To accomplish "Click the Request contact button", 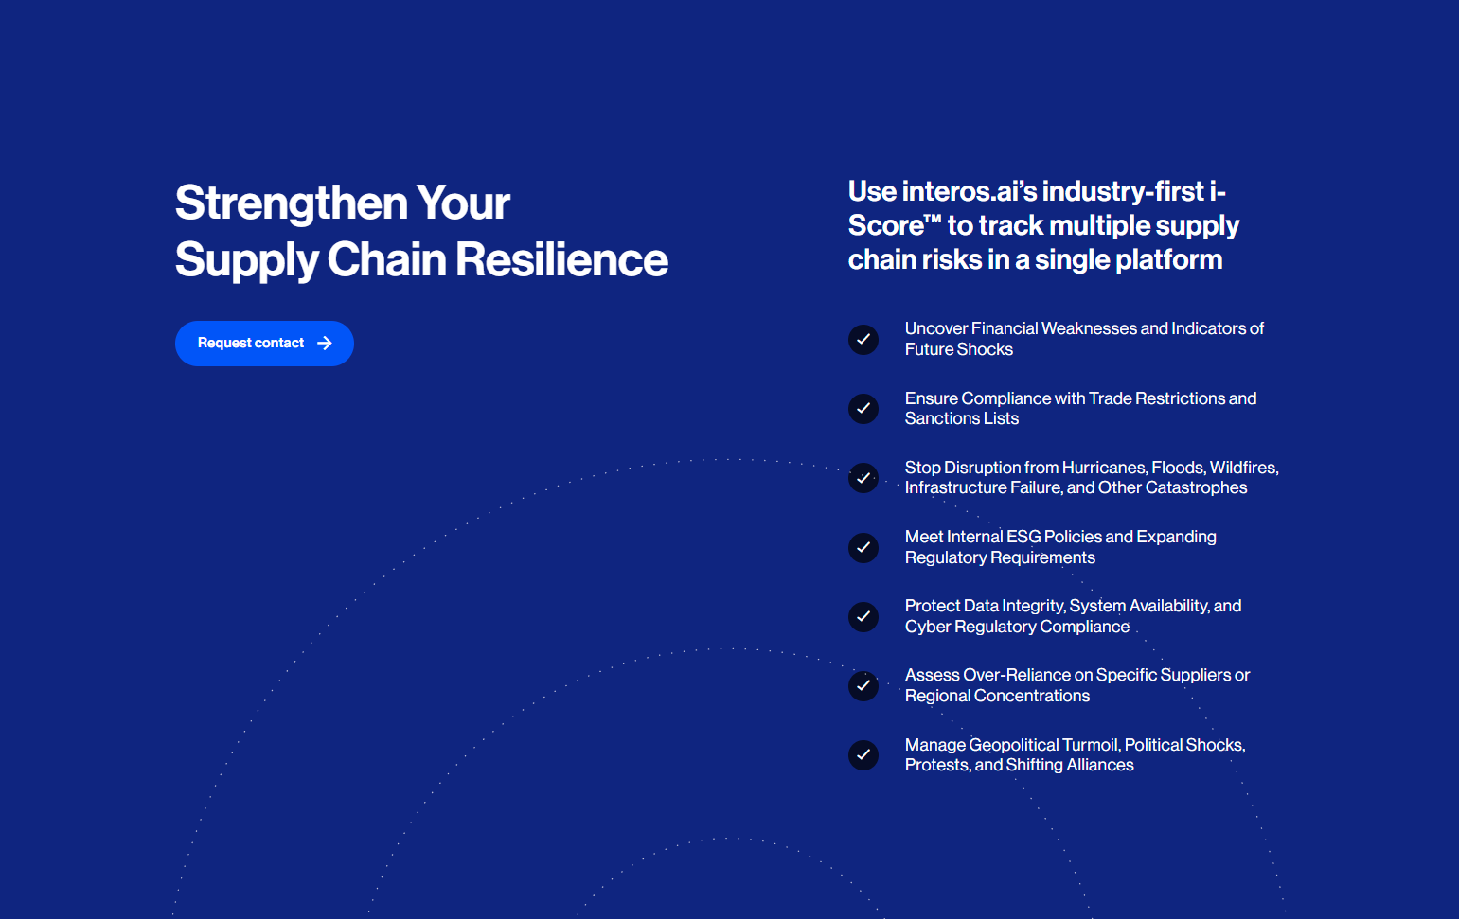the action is pos(264,344).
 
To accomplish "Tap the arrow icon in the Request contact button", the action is pos(325,344).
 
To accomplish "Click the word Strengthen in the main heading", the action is pos(292,203).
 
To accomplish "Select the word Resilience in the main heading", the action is pos(561,259).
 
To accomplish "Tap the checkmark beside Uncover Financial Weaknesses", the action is pos(863,339).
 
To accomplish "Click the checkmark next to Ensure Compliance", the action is pos(863,408).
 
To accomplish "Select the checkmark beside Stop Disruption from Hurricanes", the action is pos(863,478).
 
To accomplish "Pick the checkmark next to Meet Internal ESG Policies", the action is pos(863,548).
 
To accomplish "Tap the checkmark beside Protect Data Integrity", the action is pos(863,616).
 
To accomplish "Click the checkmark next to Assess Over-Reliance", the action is pos(863,685).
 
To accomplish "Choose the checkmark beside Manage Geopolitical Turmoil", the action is pos(863,755).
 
